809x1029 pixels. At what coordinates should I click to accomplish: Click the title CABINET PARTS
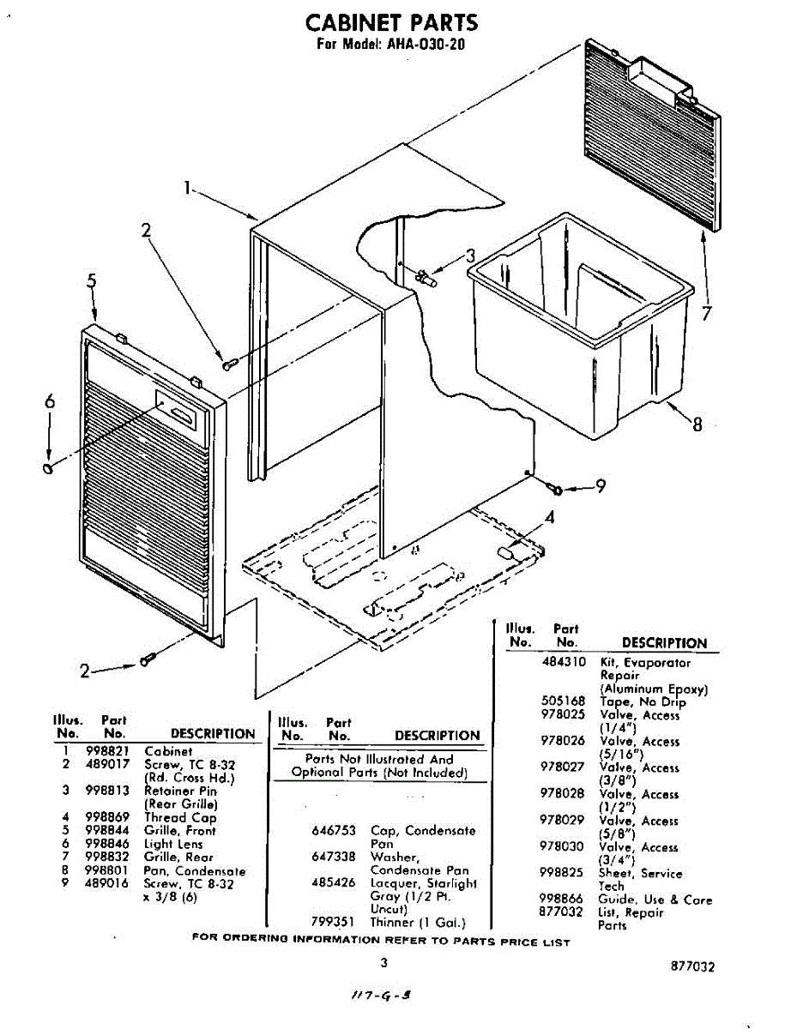tap(391, 22)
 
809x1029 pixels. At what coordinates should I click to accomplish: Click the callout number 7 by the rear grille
tap(706, 315)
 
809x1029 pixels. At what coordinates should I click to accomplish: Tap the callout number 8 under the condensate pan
tap(697, 424)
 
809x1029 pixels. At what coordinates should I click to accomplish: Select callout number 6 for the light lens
tap(49, 401)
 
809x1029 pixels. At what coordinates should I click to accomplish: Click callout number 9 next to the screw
tap(601, 487)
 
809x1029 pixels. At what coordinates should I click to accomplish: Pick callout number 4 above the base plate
tap(550, 517)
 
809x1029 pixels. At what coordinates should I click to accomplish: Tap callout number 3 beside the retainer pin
tap(469, 256)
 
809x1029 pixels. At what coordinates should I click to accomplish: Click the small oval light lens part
tap(48, 467)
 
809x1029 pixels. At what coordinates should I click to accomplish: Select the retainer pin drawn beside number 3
tap(426, 278)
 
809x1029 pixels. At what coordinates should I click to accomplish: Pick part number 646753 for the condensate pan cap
tap(333, 831)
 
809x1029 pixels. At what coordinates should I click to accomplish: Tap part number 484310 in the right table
tap(564, 662)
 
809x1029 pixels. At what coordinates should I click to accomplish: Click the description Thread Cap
tap(180, 817)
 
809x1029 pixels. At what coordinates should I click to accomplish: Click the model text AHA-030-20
tap(426, 45)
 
